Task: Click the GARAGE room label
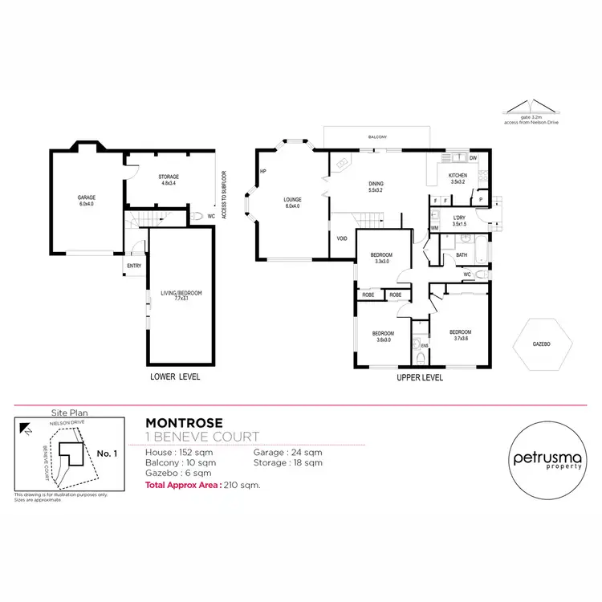(86, 200)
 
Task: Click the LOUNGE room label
(292, 200)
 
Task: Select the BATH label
(462, 255)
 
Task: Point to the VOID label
(342, 238)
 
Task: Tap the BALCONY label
(377, 137)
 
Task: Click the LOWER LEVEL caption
(175, 376)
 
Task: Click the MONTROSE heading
(177, 421)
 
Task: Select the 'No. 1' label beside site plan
(107, 454)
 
